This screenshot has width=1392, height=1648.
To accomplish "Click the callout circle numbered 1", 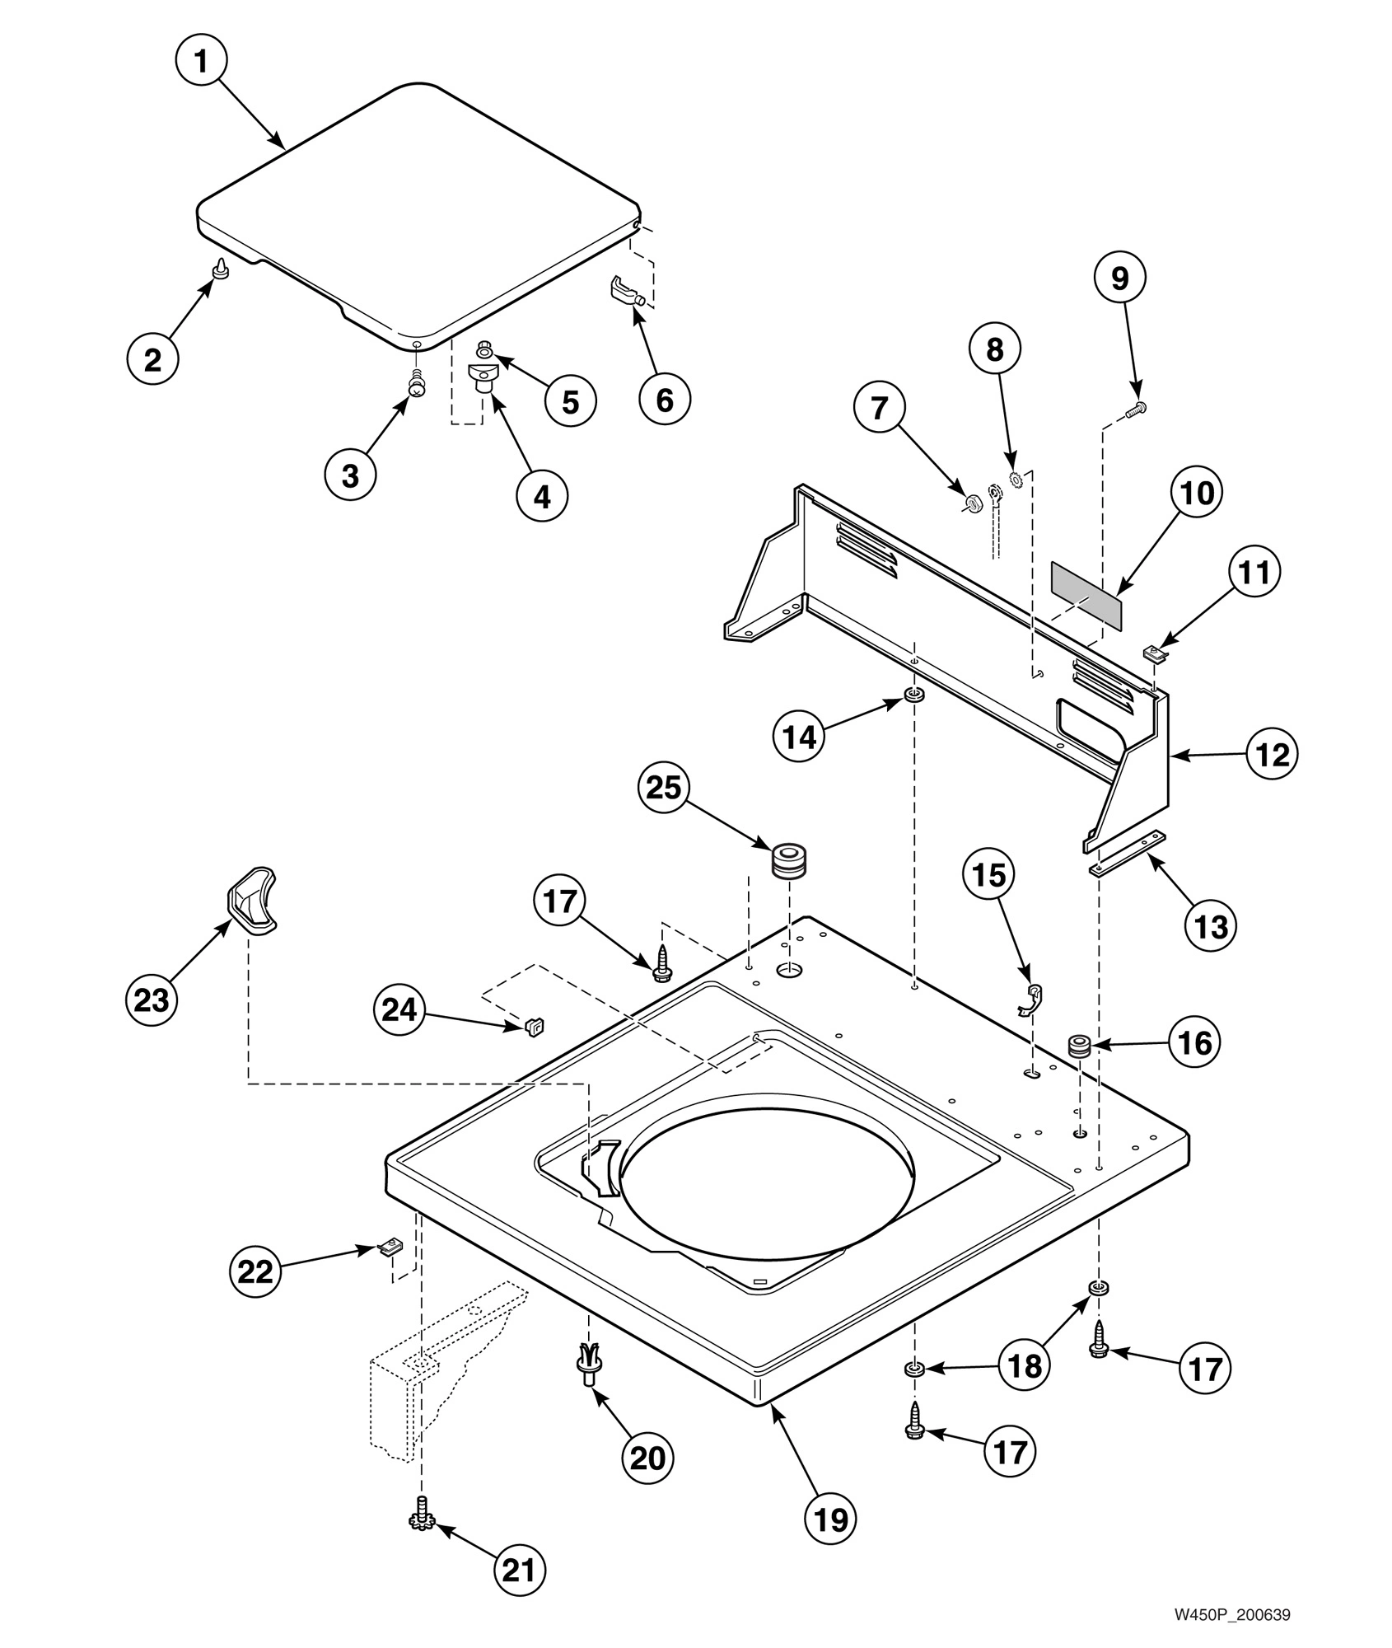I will pyautogui.click(x=202, y=62).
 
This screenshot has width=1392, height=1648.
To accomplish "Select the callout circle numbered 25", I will pyautogui.click(x=664, y=788).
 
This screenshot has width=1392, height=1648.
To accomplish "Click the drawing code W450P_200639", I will pyautogui.click(x=1231, y=1615).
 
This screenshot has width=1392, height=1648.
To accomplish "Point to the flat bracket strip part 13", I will pyautogui.click(x=1127, y=854).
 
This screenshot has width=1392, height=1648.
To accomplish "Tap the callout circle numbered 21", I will pyautogui.click(x=520, y=1571).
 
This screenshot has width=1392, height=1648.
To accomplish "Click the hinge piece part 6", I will pyautogui.click(x=626, y=292).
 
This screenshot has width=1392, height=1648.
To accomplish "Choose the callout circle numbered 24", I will pyautogui.click(x=399, y=1009).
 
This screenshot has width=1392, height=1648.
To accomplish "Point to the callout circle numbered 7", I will pyautogui.click(x=880, y=407).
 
